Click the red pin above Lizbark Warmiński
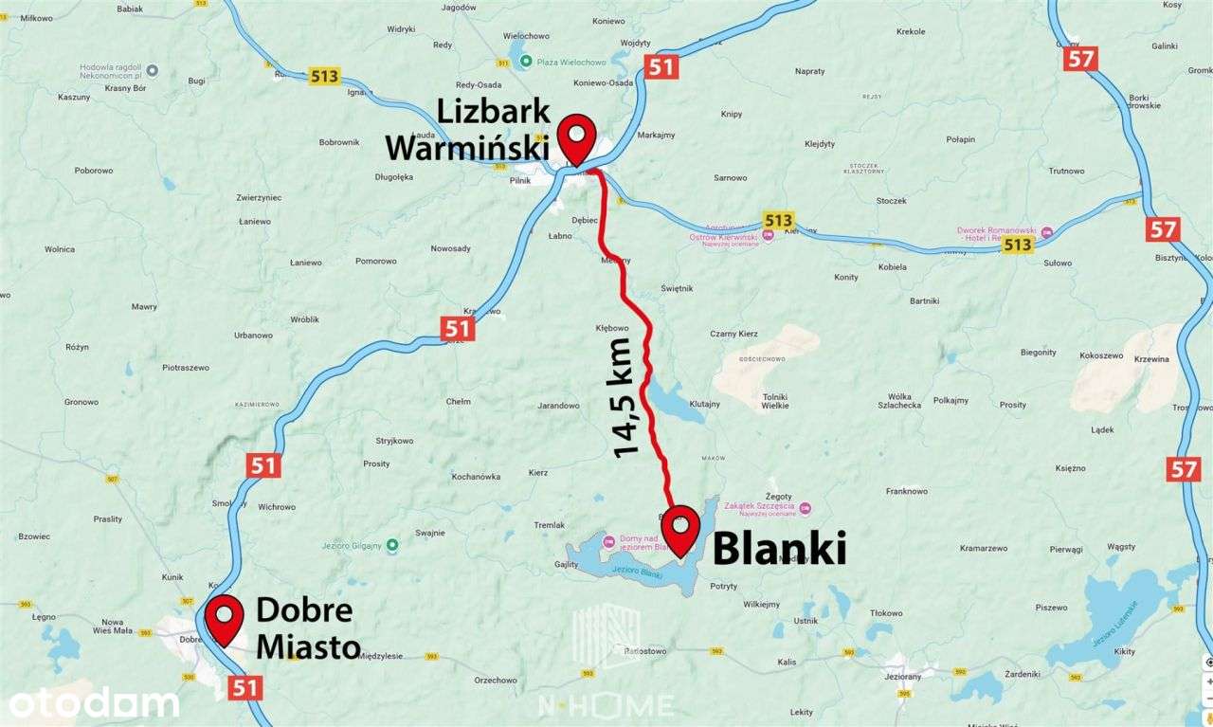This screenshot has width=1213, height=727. tap(576, 139)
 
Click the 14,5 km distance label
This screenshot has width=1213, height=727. tap(627, 397)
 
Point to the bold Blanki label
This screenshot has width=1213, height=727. tap(778, 548)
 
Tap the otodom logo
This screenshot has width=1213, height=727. tap(93, 703)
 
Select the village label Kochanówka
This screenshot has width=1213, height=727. tap(476, 476)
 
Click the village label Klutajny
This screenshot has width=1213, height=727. tap(704, 404)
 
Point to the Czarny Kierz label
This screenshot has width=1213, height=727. tap(733, 334)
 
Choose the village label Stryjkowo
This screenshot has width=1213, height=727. tap(394, 441)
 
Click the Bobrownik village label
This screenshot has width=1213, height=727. tap(339, 142)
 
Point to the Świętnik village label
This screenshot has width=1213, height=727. tap(678, 288)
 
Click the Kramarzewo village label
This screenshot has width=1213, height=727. tap(983, 548)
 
